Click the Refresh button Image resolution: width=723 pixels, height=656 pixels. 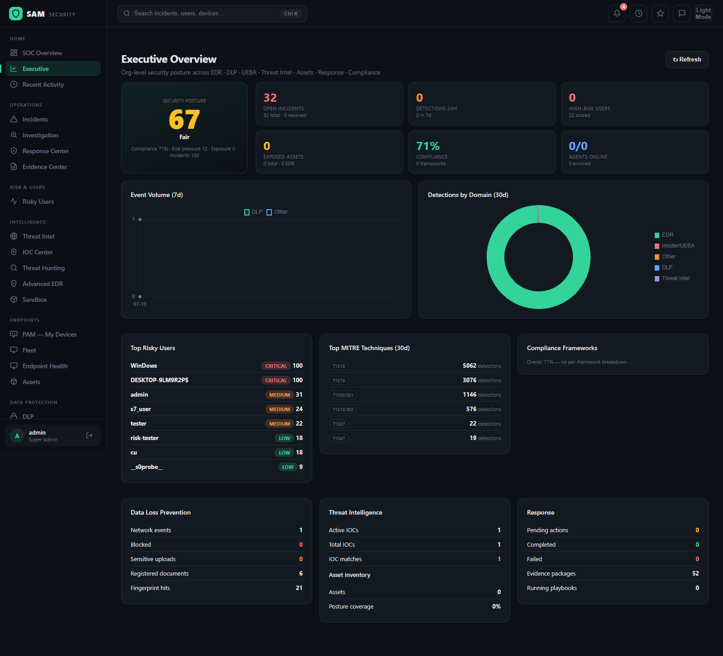point(687,60)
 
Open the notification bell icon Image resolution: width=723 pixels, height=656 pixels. point(617,14)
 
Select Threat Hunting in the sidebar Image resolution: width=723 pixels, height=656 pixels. point(43,268)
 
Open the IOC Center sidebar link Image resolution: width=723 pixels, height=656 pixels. point(38,252)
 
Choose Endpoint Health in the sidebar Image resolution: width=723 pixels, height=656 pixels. point(45,366)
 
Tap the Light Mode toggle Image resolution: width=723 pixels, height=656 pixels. point(704,14)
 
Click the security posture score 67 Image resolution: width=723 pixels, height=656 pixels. point(184,120)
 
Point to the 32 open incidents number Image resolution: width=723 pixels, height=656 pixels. point(270,98)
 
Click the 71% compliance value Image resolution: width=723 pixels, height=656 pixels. point(428,146)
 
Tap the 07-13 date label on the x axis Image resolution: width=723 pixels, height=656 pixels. point(140,304)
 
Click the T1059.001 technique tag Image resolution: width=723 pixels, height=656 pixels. point(343,395)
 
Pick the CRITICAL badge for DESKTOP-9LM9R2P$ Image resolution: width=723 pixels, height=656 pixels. point(276,380)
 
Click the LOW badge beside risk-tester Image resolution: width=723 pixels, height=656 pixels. point(284,438)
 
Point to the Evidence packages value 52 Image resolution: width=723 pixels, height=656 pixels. point(695,573)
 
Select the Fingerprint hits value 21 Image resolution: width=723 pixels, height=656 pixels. point(299,588)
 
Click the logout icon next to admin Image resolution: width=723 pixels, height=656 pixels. point(89,436)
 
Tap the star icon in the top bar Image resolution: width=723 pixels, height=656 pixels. point(660,14)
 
